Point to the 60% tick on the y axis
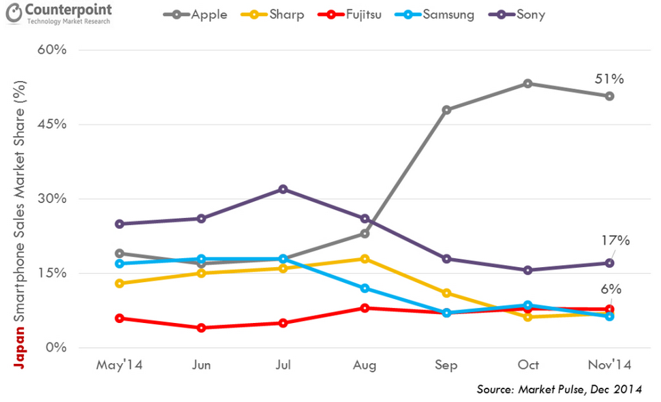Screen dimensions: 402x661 click(52, 50)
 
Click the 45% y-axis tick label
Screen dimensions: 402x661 click(52, 125)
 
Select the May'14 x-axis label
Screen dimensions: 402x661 click(119, 365)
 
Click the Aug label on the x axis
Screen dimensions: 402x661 click(365, 365)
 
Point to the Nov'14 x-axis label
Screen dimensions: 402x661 click(609, 365)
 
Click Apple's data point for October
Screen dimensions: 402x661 click(528, 83)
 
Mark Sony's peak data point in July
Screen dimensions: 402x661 click(283, 189)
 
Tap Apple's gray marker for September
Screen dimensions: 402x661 click(446, 110)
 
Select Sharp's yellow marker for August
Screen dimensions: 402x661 click(365, 259)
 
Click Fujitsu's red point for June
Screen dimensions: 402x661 click(201, 328)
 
